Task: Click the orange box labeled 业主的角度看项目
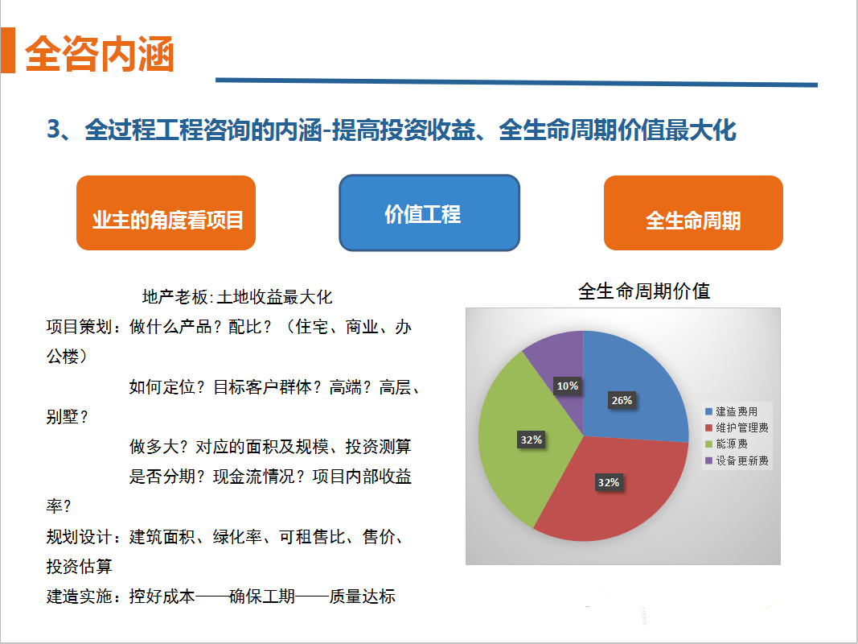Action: click(166, 213)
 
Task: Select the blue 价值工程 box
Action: click(429, 213)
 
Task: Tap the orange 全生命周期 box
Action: click(693, 213)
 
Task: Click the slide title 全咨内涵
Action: click(100, 54)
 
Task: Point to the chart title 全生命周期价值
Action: click(644, 291)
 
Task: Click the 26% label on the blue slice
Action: click(622, 400)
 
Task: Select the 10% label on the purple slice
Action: click(568, 386)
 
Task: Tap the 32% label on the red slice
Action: click(609, 482)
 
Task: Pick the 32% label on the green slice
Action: click(531, 440)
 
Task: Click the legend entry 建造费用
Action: click(732, 411)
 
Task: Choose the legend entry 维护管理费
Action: click(737, 427)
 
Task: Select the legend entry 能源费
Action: click(727, 444)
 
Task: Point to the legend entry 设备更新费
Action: click(737, 460)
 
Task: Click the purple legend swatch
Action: click(709, 460)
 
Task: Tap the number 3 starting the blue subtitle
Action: click(53, 130)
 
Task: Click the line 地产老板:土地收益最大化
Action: click(237, 297)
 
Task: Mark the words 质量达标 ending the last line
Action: click(362, 597)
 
